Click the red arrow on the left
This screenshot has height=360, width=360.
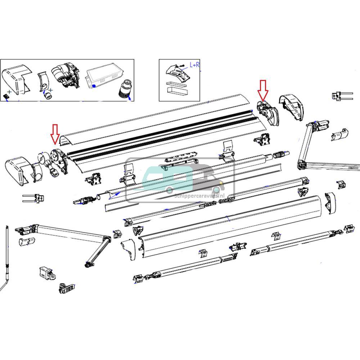point(55,133)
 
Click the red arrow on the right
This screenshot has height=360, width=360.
point(263,90)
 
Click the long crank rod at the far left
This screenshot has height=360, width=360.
point(7,252)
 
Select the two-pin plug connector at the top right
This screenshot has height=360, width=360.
point(340,96)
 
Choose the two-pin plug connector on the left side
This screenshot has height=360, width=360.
point(34,198)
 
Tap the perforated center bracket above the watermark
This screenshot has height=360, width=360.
point(181,159)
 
